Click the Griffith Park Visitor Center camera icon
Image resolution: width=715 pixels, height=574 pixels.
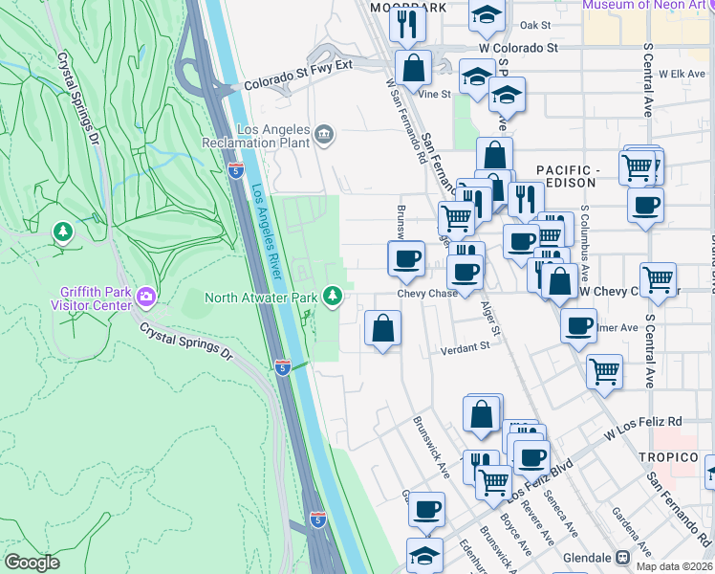pyautogui.click(x=146, y=295)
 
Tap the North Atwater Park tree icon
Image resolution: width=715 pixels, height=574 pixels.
pyautogui.click(x=333, y=297)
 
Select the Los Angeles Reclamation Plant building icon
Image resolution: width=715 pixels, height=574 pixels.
pyautogui.click(x=325, y=134)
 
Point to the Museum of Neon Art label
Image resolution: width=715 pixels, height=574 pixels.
pyautogui.click(x=647, y=5)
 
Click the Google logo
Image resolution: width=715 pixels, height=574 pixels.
pyautogui.click(x=32, y=563)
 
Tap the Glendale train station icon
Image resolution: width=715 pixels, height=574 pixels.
pyautogui.click(x=622, y=557)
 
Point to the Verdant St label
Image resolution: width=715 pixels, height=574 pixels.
pyautogui.click(x=465, y=350)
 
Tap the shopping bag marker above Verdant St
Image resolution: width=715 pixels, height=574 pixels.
pyautogui.click(x=382, y=328)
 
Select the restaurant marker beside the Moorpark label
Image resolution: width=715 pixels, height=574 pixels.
pyautogui.click(x=408, y=24)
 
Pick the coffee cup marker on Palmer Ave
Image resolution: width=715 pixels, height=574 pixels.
pyautogui.click(x=579, y=325)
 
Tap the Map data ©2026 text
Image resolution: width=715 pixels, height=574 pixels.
pyautogui.click(x=674, y=566)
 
